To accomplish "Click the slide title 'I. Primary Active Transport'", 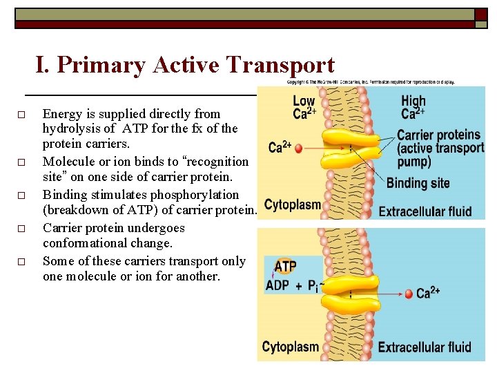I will click(x=185, y=65).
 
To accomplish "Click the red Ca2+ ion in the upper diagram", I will click(x=298, y=148).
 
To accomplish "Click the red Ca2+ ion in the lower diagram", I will click(x=409, y=294).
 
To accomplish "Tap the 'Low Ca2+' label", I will click(x=304, y=108).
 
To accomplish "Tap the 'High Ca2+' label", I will click(x=413, y=108).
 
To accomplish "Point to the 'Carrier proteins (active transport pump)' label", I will click(x=438, y=149).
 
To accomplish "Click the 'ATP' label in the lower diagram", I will click(x=285, y=266).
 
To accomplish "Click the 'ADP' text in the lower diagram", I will click(x=277, y=285).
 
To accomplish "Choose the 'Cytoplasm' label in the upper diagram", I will click(x=293, y=205).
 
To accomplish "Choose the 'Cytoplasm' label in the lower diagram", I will click(x=291, y=347).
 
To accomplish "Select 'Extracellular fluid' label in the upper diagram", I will click(x=425, y=211).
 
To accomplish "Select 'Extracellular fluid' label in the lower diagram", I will click(x=425, y=347).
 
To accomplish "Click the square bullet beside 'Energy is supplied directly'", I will click(x=21, y=114).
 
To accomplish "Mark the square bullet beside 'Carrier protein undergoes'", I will click(x=21, y=228).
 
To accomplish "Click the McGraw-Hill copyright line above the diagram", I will click(x=371, y=82).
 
